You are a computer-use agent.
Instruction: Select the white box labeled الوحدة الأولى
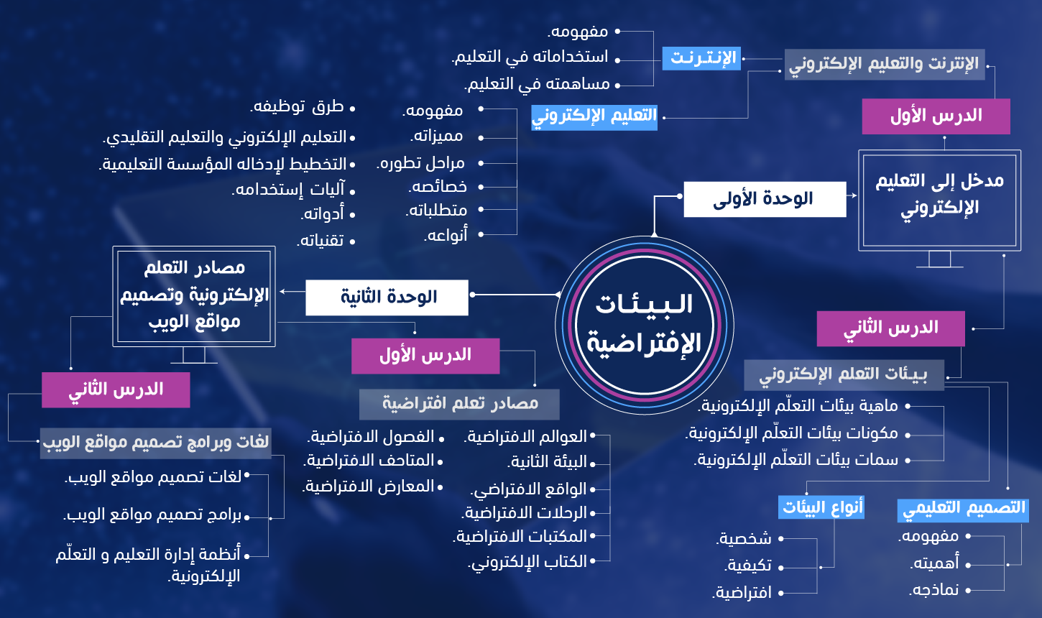[765, 199]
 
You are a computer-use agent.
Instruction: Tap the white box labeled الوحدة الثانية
[387, 298]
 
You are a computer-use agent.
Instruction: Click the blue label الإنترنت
[701, 58]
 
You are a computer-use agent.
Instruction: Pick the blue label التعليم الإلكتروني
[594, 117]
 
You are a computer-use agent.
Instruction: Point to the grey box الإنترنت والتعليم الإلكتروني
[885, 65]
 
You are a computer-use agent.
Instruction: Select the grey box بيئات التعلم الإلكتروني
[844, 375]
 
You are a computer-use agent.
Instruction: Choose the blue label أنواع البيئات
[821, 507]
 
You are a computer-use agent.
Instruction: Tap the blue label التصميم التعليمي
[963, 509]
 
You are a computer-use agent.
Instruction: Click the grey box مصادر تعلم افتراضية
[460, 404]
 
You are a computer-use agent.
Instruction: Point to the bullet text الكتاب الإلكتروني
[527, 562]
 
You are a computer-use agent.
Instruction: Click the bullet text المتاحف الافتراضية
[369, 461]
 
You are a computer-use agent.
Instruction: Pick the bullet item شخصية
[744, 538]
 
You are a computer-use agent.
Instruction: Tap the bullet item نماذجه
[934, 590]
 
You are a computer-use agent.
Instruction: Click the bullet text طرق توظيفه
[298, 107]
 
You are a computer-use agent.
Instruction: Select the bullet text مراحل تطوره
[420, 163]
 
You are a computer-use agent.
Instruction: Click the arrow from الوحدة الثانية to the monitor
[292, 292]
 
